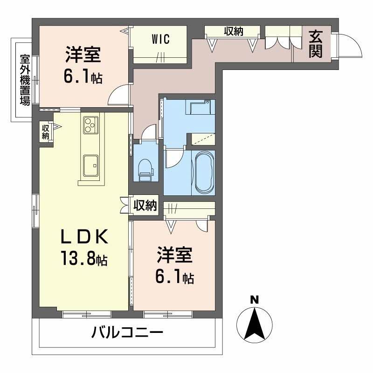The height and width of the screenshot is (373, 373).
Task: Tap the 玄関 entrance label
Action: [x=316, y=44]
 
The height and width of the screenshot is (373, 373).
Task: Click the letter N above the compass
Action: [x=254, y=299]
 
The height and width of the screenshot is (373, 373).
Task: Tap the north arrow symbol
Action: [x=254, y=324]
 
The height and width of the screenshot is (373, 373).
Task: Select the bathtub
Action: [x=204, y=172]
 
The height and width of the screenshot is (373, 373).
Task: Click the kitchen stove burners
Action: [x=89, y=125]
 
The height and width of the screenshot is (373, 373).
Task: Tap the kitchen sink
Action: [x=90, y=164]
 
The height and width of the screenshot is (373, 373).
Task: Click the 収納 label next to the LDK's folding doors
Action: [x=145, y=206]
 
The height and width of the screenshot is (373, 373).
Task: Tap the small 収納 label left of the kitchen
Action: [x=46, y=132]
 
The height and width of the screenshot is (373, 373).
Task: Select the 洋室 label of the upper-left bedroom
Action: [x=82, y=56]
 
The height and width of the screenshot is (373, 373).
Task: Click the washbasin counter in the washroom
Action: [x=200, y=108]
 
